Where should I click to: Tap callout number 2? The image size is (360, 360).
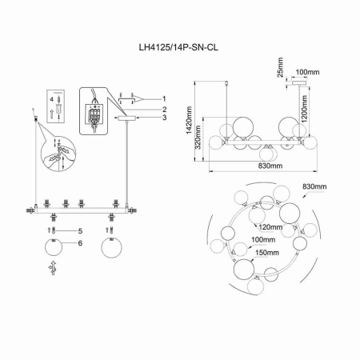coord(162,109)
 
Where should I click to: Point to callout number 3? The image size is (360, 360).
coord(162,118)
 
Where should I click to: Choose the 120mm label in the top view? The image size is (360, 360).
coord(270,227)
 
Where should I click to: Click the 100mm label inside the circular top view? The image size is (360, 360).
coord(262,240)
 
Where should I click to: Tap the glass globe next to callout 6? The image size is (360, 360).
coord(52,247)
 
